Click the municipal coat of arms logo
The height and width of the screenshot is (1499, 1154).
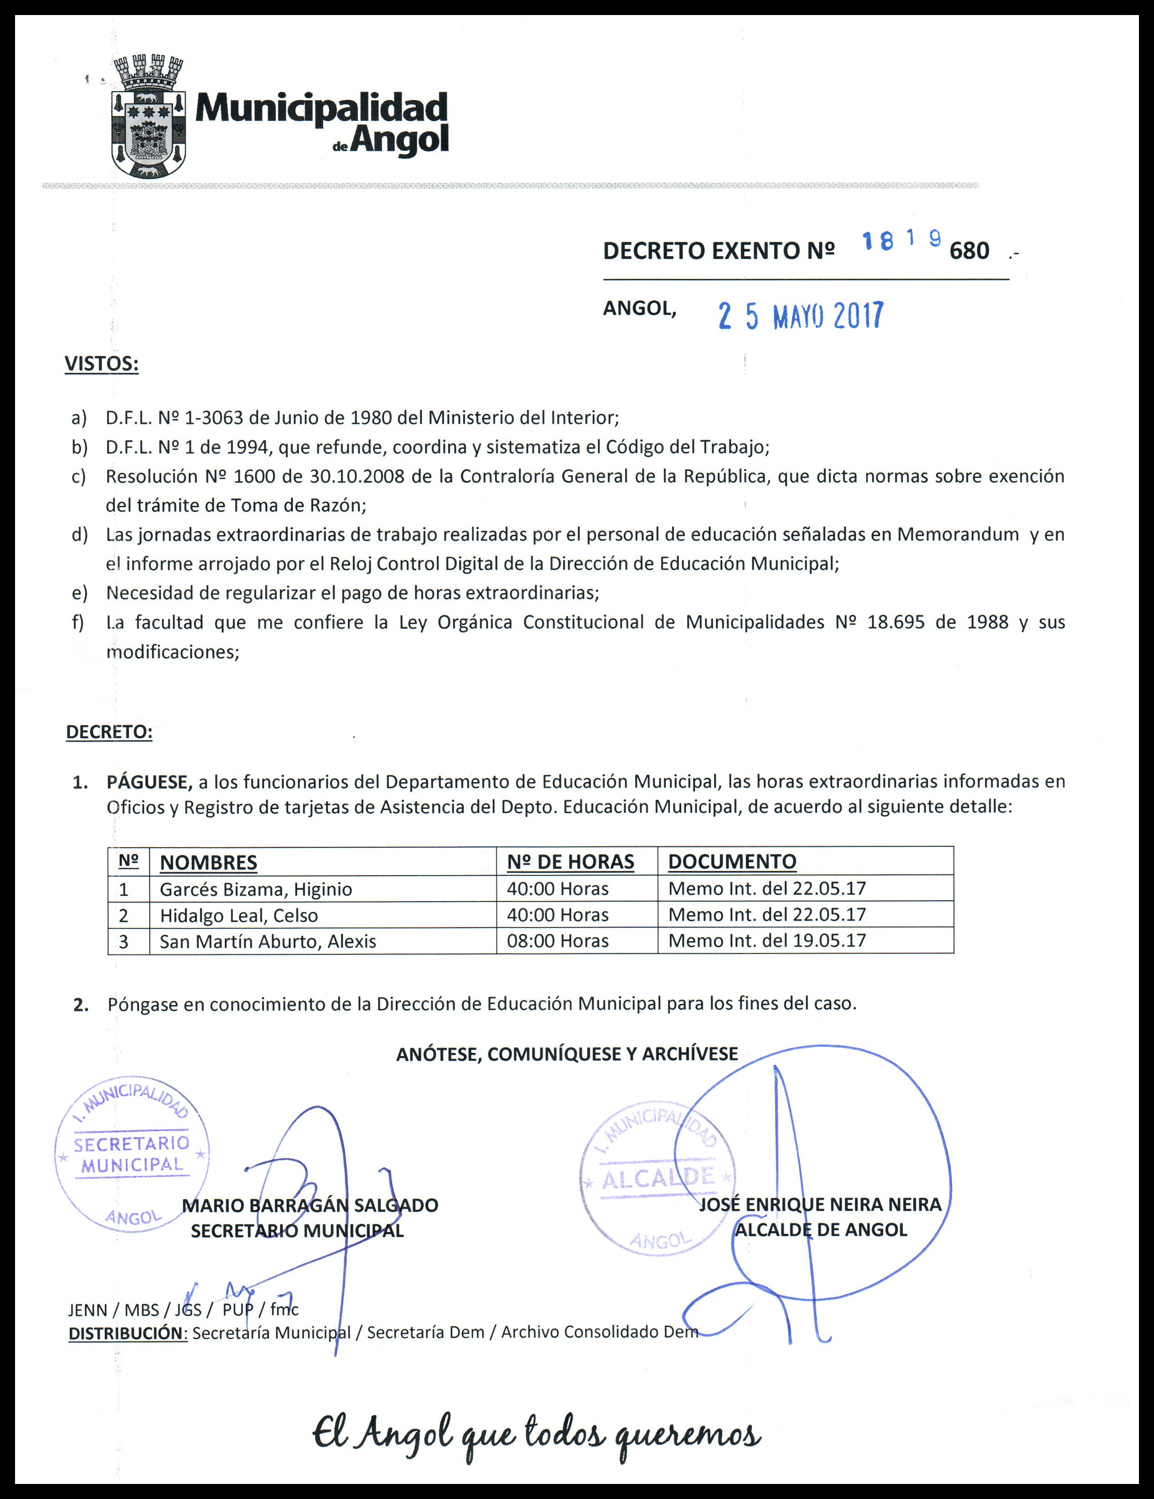[x=148, y=117]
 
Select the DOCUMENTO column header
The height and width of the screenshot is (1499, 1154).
[x=732, y=861]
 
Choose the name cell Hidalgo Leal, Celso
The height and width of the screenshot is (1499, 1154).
[x=239, y=915]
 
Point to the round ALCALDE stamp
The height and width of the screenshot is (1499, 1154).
[x=657, y=1179]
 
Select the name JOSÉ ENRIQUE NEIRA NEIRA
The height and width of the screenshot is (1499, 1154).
[x=820, y=1205]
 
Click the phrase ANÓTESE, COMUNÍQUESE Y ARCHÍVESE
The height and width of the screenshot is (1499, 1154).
[x=567, y=1054]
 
